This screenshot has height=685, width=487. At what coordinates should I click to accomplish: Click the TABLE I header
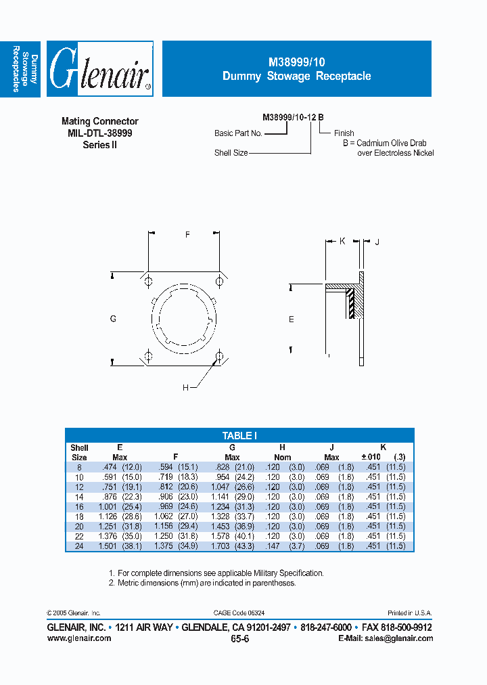coord(239,436)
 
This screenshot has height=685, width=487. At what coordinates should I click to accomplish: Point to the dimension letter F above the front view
coord(187,234)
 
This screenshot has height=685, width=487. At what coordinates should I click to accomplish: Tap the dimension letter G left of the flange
coord(113,317)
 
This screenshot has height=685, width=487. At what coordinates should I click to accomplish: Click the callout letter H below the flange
coord(185,387)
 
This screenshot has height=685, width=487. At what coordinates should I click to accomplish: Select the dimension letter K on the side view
coord(342,241)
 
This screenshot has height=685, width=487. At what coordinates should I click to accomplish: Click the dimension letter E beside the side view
coord(292,319)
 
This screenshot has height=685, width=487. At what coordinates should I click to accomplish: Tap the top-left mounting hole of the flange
coord(148,282)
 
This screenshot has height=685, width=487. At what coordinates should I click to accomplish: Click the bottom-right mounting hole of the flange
coord(218,355)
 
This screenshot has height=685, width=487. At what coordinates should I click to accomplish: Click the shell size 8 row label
coord(79,467)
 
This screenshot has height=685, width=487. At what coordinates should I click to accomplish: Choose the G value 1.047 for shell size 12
coord(225,487)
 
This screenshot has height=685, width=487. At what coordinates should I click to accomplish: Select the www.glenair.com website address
coord(79,638)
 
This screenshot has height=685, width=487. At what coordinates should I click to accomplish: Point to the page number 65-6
coord(239,639)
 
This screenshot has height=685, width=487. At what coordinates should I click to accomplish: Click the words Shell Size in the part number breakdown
coord(231,153)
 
